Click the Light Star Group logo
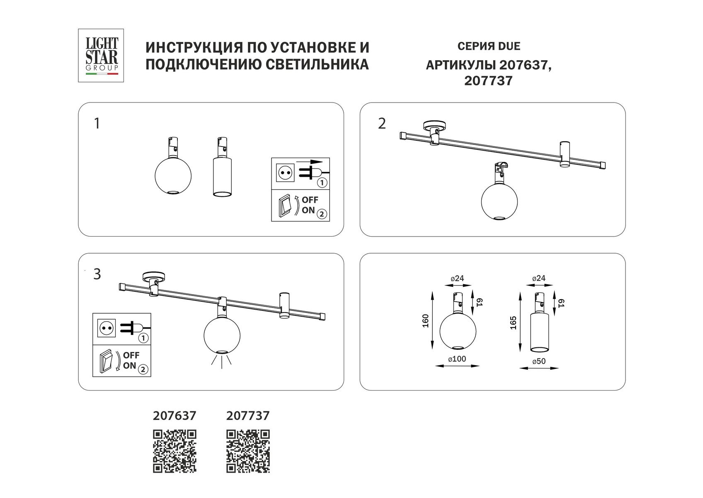(101, 55)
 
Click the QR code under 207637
(175, 451)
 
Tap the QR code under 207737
(248, 451)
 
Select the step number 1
(97, 123)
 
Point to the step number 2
(382, 123)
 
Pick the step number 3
(97, 274)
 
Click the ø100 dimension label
(457, 359)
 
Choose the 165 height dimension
(513, 323)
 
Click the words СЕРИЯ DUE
(489, 46)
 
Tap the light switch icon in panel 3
(106, 360)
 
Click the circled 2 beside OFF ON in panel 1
(321, 215)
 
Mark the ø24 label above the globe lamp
(457, 278)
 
